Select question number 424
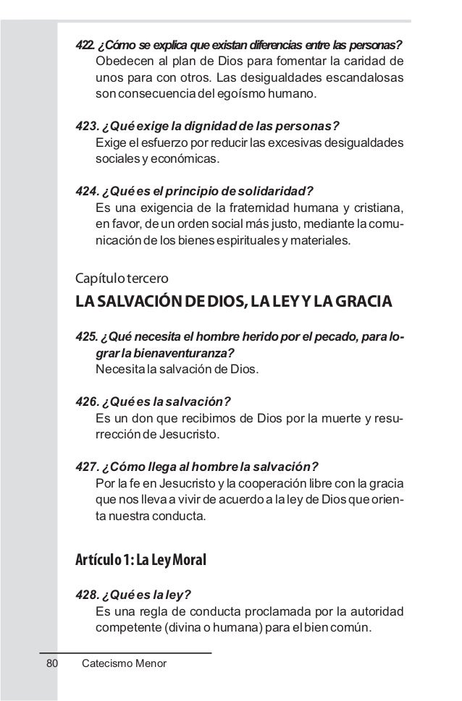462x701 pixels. pyautogui.click(x=87, y=191)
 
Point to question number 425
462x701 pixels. pyautogui.click(x=87, y=339)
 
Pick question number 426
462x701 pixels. pyautogui.click(x=87, y=401)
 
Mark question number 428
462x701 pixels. pyautogui.click(x=87, y=595)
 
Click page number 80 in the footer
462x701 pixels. pyautogui.click(x=51, y=663)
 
